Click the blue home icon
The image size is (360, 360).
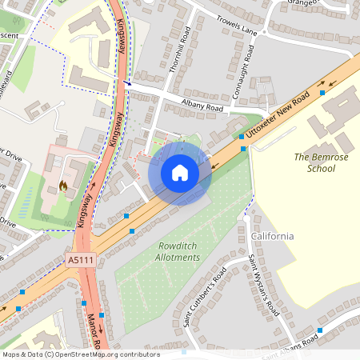pyautogui.click(x=180, y=173)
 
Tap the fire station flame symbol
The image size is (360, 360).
pyautogui.click(x=63, y=186)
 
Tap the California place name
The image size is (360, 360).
pyautogui.click(x=272, y=237)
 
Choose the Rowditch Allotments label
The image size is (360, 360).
pyautogui.click(x=178, y=252)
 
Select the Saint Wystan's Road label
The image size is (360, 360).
pyautogui.click(x=261, y=283)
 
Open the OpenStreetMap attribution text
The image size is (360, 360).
pyautogui.click(x=81, y=354)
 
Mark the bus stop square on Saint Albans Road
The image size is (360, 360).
pyautogui.click(x=321, y=329)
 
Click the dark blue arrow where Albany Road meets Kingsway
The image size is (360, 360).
pyautogui.click(x=126, y=82)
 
